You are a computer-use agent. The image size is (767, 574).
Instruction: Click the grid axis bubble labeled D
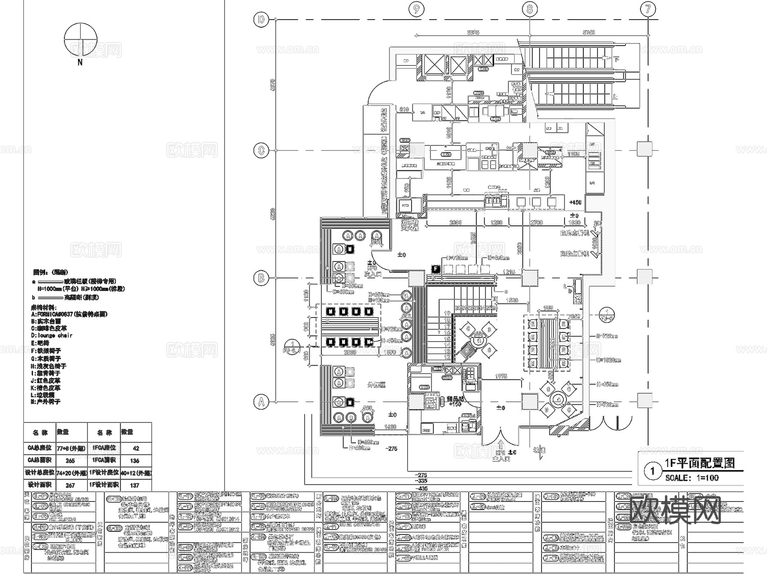[261, 20]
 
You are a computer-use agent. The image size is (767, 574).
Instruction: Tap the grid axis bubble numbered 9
[416, 9]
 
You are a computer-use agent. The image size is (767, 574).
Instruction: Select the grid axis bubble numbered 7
[648, 9]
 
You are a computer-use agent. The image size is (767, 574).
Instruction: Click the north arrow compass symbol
[80, 40]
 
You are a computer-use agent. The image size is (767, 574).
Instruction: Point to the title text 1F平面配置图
[700, 463]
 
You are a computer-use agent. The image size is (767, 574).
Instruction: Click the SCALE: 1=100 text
[692, 478]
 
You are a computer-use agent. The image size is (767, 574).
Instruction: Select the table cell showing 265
[70, 461]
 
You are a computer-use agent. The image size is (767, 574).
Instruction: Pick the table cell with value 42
[136, 448]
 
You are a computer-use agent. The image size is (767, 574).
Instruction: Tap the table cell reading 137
[135, 485]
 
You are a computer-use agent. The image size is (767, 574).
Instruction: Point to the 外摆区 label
[376, 385]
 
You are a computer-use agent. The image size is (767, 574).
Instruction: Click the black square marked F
[435, 269]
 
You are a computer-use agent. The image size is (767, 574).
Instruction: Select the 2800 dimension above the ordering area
[456, 222]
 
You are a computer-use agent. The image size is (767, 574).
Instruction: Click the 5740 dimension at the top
[588, 32]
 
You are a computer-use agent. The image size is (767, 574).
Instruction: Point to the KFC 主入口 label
[501, 456]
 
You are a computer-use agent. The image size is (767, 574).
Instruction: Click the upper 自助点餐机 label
[574, 233]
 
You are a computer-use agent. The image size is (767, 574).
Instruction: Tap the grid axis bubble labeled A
[261, 401]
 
